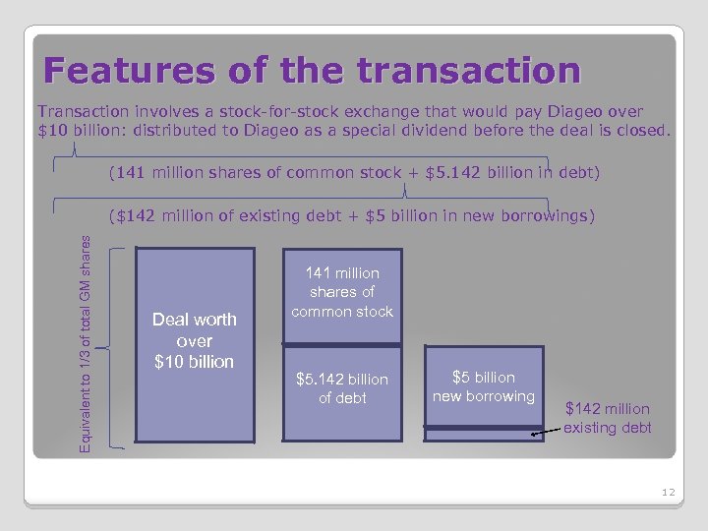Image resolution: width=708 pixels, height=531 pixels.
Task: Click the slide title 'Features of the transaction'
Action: (313, 70)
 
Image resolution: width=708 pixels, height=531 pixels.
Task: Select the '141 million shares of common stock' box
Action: (341, 293)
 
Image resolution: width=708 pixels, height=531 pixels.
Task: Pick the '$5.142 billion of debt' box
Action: (341, 389)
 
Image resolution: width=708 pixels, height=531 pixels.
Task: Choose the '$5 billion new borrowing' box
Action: (483, 386)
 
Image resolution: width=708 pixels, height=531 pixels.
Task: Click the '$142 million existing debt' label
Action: (607, 418)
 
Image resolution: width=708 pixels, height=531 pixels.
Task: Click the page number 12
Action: (668, 492)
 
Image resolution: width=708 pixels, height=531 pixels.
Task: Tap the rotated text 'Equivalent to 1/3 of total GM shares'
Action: (86, 342)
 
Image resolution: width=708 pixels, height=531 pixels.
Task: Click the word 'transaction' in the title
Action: (469, 70)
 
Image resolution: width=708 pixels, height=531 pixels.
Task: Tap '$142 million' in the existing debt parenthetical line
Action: (165, 215)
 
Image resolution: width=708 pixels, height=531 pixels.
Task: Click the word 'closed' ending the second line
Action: (642, 130)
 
